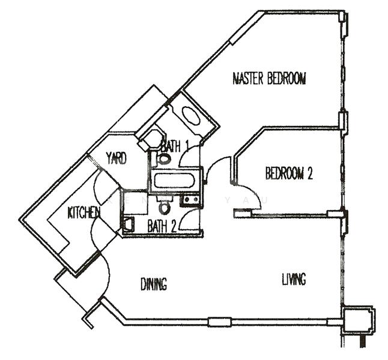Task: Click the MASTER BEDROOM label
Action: [x=269, y=79]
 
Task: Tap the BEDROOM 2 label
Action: [x=289, y=173]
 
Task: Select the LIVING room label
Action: [x=294, y=279]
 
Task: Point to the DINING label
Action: [x=154, y=284]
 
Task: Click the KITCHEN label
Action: [x=83, y=212]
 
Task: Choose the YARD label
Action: [x=116, y=159]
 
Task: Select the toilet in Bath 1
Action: [x=162, y=159]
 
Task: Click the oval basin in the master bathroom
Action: [x=191, y=116]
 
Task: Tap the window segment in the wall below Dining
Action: [x=219, y=322]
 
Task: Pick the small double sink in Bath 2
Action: [x=191, y=200]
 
